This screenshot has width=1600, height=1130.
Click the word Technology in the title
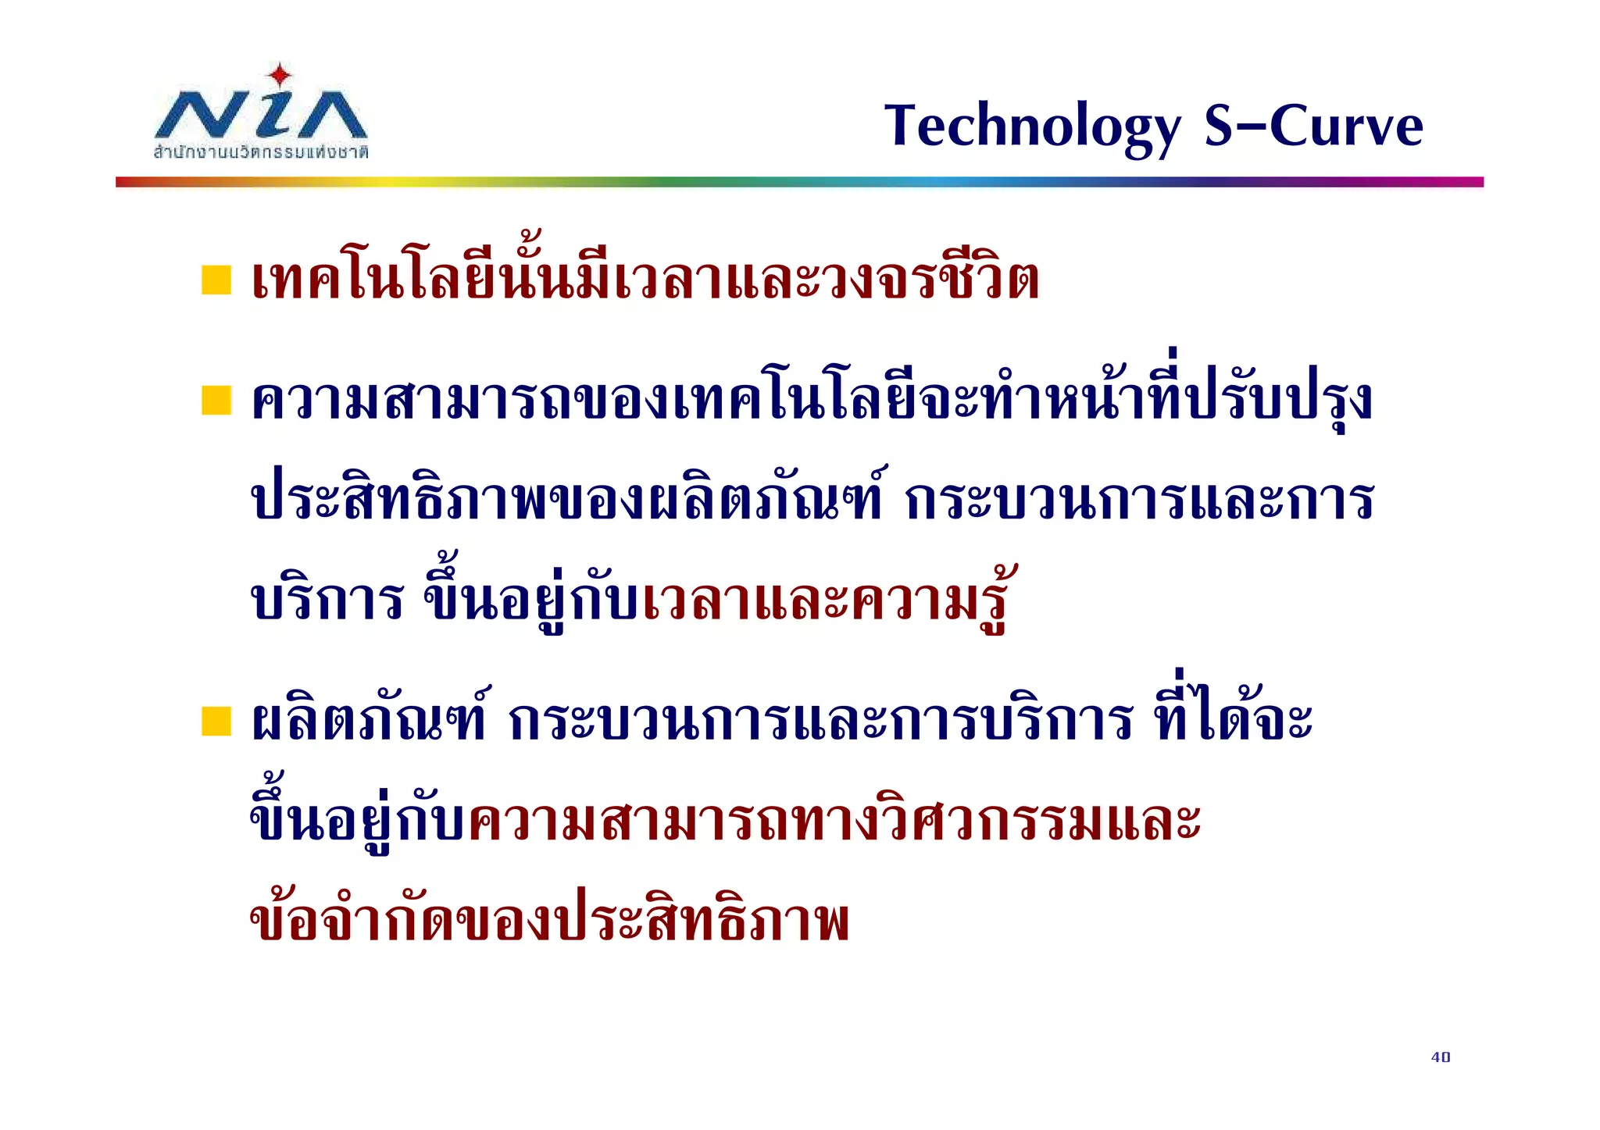click(1033, 127)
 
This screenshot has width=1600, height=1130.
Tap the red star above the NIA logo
click(280, 77)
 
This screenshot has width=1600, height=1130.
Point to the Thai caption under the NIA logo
click(261, 151)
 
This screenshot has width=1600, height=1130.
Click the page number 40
click(1441, 1057)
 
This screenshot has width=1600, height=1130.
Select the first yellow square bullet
click(216, 280)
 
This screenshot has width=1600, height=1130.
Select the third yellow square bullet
click(216, 721)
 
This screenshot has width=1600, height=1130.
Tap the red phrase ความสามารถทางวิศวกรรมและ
click(834, 822)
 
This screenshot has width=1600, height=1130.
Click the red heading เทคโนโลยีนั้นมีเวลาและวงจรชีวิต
click(645, 280)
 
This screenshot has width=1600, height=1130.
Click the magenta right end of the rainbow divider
click(1469, 182)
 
